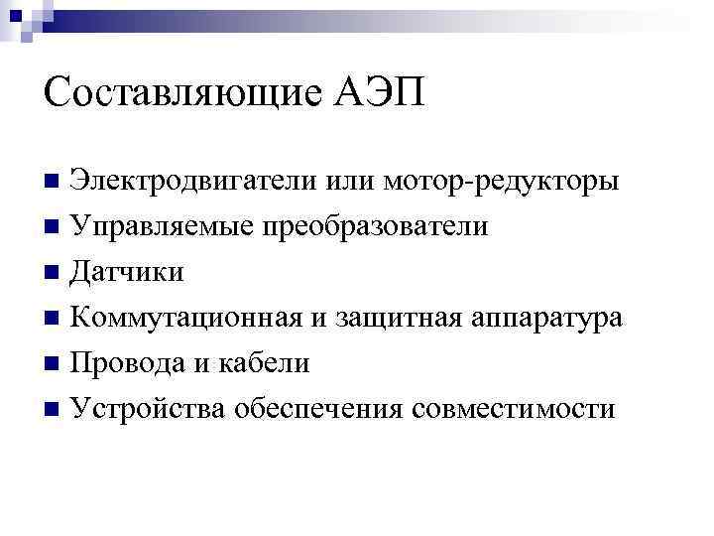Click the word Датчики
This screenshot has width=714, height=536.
pos(128,273)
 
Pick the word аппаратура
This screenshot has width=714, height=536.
pos(547,319)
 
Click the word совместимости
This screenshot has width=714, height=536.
pos(516,409)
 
